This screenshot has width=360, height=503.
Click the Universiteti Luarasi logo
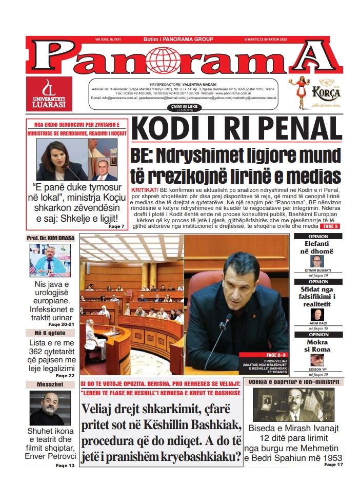point(49,94)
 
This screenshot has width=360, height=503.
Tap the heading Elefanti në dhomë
point(318,247)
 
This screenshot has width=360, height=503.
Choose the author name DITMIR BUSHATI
point(318,270)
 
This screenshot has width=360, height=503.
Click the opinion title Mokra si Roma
point(318,345)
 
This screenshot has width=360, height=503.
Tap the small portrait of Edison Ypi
point(318,360)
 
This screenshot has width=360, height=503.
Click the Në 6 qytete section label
point(50,333)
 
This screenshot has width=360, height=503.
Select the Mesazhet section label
point(50,384)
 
